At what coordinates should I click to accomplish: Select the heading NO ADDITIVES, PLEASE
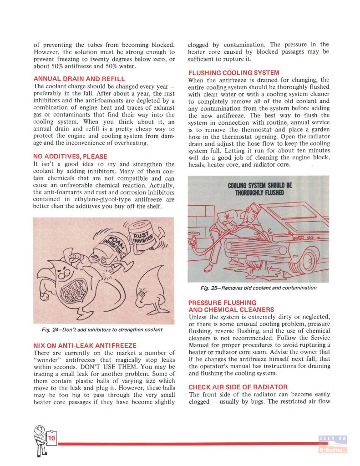click(x=71, y=157)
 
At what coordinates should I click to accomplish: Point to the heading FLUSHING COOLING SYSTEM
click(x=233, y=72)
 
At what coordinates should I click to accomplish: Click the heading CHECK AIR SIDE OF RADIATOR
click(x=238, y=387)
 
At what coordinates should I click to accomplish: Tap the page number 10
click(x=51, y=438)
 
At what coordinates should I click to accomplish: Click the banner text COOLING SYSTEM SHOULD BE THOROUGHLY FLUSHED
click(x=260, y=189)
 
